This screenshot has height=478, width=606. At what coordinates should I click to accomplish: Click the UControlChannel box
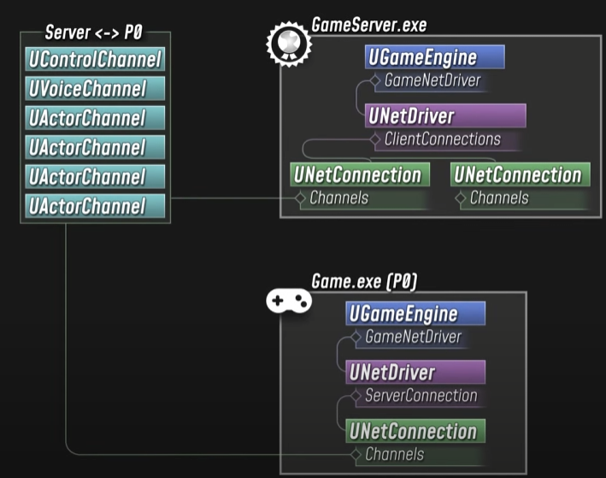point(95,60)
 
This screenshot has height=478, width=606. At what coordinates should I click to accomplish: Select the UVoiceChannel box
point(95,89)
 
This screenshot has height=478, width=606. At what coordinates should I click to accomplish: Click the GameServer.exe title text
point(369,26)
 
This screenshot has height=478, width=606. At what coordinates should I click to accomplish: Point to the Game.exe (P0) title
point(364,281)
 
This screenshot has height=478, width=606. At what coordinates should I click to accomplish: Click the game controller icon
point(289,301)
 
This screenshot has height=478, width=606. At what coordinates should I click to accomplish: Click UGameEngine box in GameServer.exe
point(434,57)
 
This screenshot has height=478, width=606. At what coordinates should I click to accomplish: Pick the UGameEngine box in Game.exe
point(415,313)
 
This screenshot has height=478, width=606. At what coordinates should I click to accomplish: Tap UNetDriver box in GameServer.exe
point(444,115)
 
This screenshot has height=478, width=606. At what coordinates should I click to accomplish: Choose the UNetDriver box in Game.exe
point(415,372)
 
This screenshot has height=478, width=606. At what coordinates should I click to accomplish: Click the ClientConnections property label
point(443,139)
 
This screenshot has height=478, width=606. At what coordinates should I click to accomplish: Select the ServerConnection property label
point(421,396)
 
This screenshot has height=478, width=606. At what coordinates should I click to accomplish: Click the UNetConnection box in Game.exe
point(415,431)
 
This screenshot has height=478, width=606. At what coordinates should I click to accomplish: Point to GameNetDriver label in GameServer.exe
point(432,81)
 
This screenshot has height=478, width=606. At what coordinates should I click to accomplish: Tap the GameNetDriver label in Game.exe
point(413,337)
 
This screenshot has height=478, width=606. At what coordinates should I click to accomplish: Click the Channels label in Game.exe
point(394,455)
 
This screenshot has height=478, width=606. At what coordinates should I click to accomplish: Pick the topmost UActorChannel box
point(95,118)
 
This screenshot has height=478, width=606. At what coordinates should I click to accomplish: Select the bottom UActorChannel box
point(95,205)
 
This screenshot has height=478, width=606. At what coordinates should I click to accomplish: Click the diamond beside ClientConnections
point(375,139)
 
